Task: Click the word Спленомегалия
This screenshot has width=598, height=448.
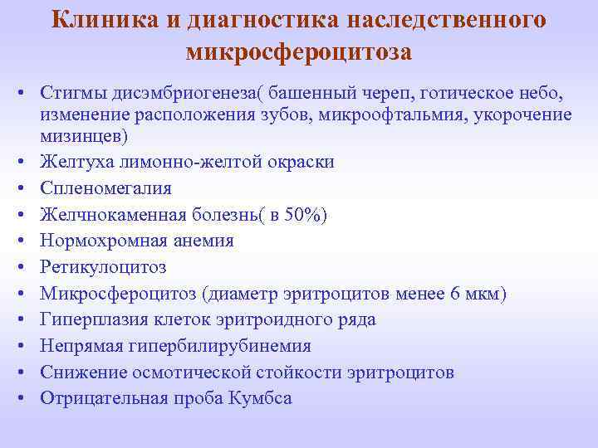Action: [x=105, y=187]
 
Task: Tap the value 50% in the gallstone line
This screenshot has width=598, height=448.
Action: [x=304, y=214]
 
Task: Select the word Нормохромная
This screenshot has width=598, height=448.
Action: [x=99, y=241]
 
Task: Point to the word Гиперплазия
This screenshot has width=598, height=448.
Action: [x=93, y=319]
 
